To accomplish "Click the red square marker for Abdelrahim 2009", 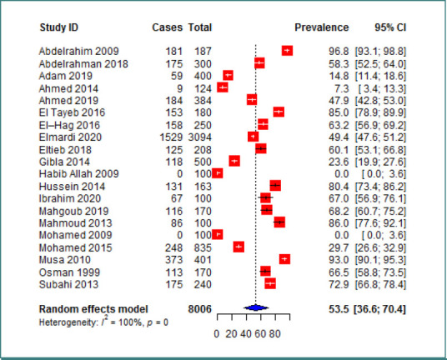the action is (287, 51).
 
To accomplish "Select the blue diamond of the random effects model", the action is (256, 307).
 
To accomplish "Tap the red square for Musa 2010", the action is (284, 259).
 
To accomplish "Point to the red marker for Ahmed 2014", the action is (223, 87).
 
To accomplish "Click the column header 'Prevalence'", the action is (322, 27).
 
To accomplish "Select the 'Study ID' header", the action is (58, 27).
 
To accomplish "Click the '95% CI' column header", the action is (390, 27).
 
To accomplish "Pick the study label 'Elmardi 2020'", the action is (70, 137).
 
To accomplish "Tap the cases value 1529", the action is (171, 137).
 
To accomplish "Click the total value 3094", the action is (200, 137).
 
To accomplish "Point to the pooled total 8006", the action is (200, 309).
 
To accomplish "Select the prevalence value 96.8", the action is (339, 52).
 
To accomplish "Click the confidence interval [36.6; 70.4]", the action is (379, 309).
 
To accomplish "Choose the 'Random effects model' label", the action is (93, 309).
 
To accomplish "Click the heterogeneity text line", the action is (103, 322).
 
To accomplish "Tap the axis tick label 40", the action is (245, 334).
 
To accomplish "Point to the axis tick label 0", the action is (216, 334).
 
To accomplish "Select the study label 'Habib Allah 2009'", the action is (78, 173).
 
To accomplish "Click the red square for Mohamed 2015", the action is (239, 247).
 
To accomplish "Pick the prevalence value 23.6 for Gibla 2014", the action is (339, 162).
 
